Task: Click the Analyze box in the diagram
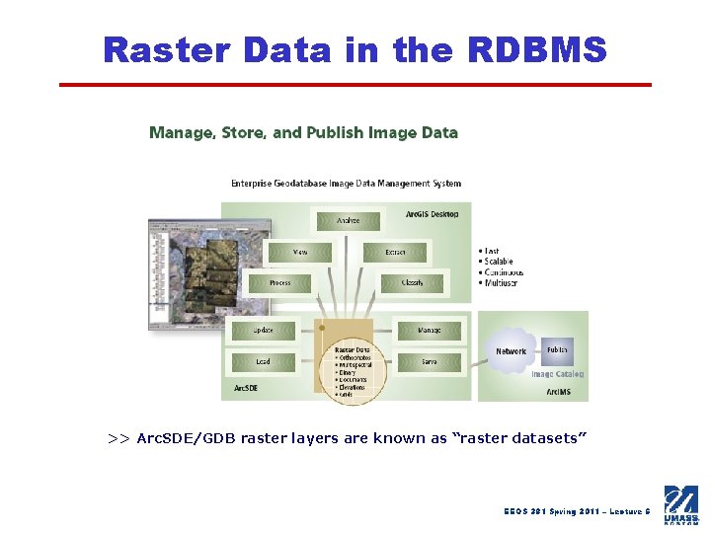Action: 348,220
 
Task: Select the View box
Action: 300,253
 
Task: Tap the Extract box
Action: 395,253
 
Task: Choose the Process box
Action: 280,283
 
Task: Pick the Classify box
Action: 412,283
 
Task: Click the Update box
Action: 264,331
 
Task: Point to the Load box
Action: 264,362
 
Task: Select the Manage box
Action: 430,331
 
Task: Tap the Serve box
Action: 430,362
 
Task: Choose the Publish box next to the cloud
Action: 557,350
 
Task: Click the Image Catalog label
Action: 557,374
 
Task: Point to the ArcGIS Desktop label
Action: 432,214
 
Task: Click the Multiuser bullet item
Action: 502,283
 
